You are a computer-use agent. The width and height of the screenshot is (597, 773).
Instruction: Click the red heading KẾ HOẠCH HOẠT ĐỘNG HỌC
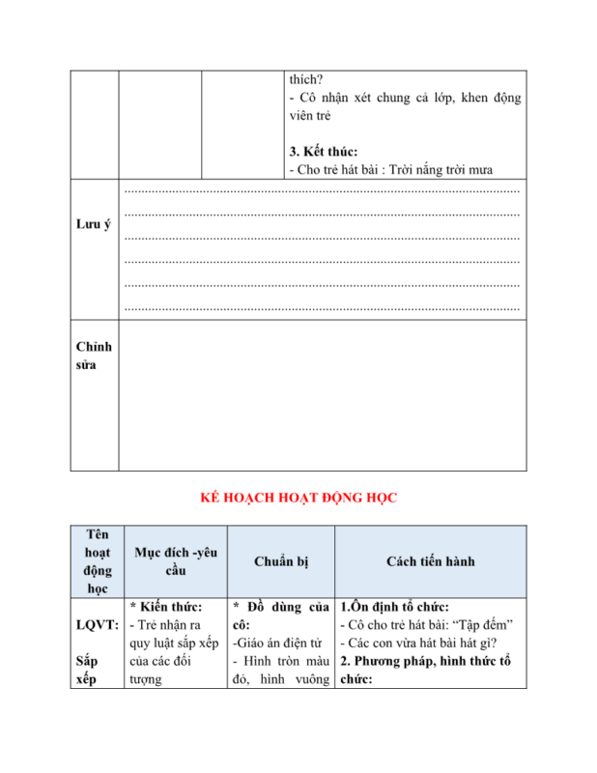coord(298,498)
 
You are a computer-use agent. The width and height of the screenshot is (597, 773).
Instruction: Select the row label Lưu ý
coord(93,224)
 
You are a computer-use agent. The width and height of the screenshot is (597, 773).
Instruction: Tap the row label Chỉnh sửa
coord(94,356)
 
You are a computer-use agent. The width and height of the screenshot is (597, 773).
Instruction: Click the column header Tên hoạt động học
coord(97,560)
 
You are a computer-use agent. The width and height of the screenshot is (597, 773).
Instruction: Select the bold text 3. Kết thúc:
coord(323,151)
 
